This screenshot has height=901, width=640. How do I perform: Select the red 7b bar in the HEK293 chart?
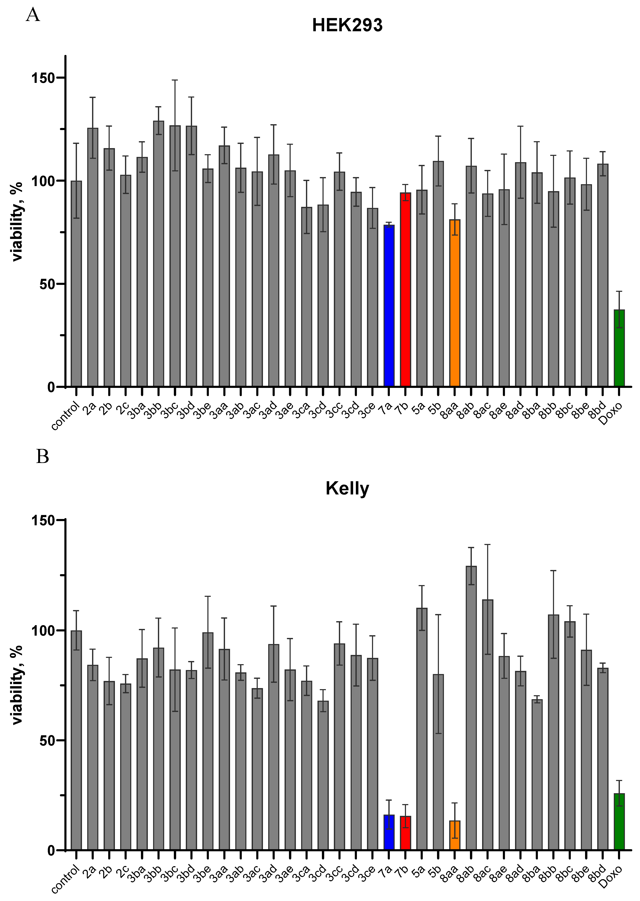tap(405, 290)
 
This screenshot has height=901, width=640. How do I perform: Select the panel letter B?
tap(42, 457)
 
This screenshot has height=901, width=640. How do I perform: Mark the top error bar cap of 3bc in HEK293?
tap(175, 80)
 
